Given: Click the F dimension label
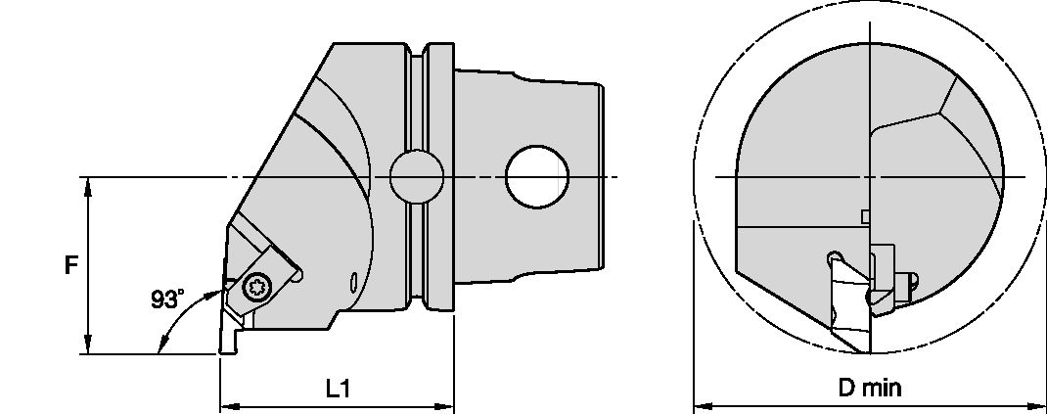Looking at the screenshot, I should point(71,265).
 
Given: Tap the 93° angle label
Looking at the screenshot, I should point(167,299).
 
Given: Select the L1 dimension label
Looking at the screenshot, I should point(338,389).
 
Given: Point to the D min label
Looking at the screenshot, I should point(870,389).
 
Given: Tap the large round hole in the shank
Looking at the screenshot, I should point(537,176).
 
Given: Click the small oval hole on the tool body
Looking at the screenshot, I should point(353,285).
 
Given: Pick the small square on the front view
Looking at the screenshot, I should point(864,215).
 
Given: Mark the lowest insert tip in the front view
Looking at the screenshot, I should point(862,350).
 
